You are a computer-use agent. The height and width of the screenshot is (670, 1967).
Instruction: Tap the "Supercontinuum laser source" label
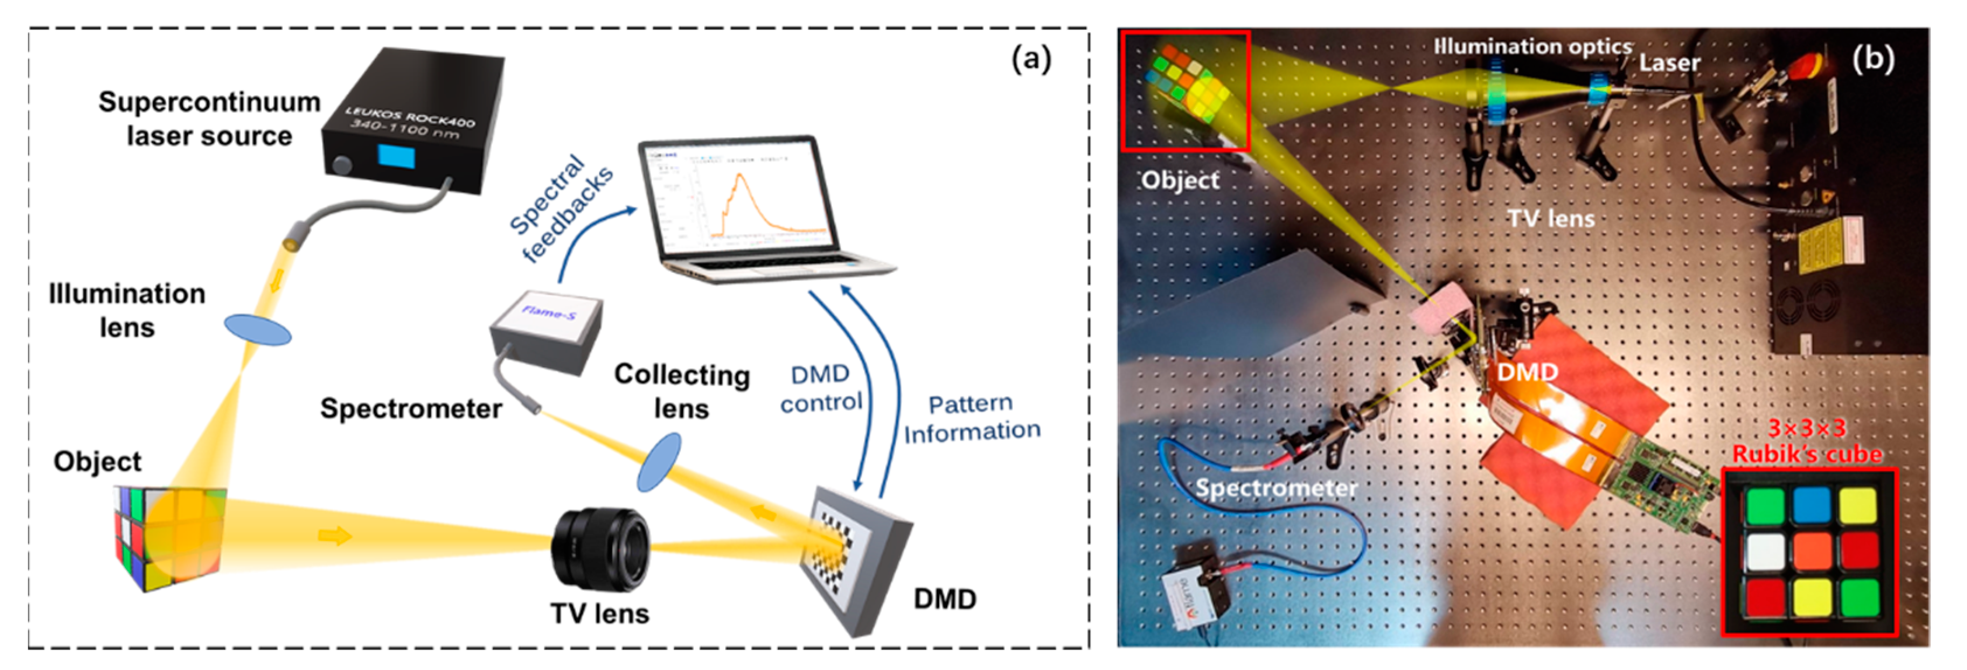tap(208, 119)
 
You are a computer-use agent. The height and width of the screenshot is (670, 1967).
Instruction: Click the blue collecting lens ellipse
tap(658, 461)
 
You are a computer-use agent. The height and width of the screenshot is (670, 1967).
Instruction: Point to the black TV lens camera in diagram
tap(600, 549)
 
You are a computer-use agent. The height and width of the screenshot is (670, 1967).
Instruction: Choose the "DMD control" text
tap(821, 389)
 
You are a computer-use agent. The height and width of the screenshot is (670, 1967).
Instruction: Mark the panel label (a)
tap(1031, 59)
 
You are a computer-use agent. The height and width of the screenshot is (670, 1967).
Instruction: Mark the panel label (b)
tap(1873, 59)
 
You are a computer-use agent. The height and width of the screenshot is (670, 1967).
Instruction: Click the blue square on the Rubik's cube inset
tap(1811, 504)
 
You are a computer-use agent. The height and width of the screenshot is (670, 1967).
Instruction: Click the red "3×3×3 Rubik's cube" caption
tap(1806, 441)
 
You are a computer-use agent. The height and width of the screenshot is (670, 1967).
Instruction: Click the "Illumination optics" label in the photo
tap(1532, 47)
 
